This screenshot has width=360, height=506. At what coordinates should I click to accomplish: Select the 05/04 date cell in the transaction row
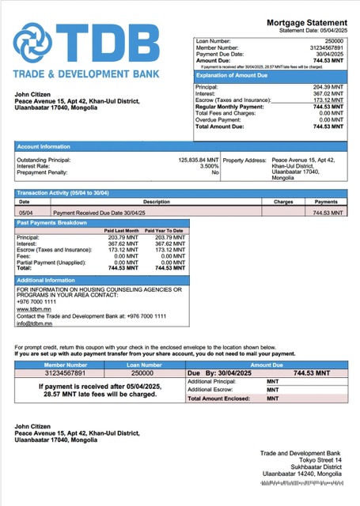click(25, 213)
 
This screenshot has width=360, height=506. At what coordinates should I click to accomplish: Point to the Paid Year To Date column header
click(166, 230)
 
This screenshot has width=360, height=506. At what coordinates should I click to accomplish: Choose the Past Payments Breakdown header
click(53, 222)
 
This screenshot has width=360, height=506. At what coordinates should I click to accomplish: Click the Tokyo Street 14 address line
click(320, 459)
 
